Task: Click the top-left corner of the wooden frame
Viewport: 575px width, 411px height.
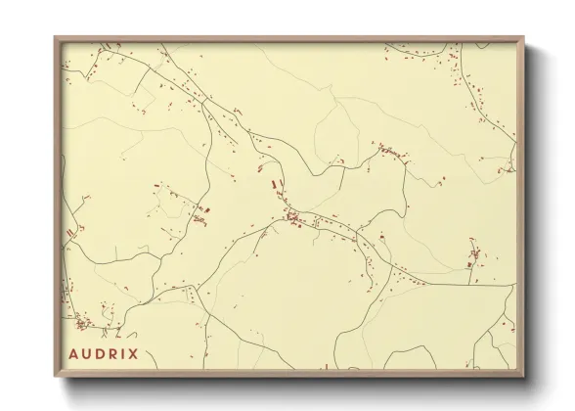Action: click(x=56, y=36)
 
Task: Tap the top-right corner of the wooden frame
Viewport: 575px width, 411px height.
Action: click(x=526, y=36)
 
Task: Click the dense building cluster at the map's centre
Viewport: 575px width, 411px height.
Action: click(x=293, y=216)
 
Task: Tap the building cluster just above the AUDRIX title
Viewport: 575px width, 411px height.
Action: click(x=84, y=322)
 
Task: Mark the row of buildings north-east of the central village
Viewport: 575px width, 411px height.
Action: click(x=389, y=153)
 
